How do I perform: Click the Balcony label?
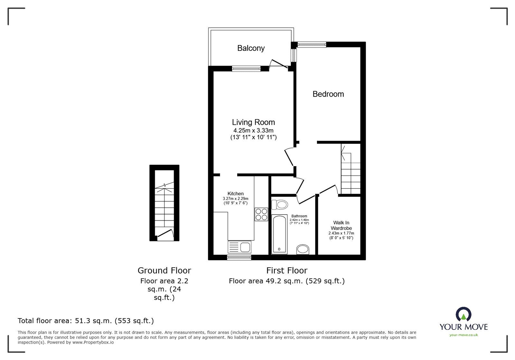251,48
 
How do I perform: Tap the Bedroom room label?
328,94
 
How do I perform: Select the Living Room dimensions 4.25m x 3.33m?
253,131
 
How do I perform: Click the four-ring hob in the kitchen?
261,214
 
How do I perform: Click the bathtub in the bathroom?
279,234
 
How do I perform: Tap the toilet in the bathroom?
279,204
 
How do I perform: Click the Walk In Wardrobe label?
341,225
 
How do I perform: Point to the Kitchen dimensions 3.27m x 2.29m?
236,199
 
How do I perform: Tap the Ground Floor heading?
164,271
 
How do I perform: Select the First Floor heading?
286,271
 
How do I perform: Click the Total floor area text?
86,321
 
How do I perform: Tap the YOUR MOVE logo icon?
464,314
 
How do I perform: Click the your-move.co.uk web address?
464,335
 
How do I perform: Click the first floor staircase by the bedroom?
350,171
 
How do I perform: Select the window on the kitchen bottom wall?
239,257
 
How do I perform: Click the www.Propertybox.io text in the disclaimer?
93,343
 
